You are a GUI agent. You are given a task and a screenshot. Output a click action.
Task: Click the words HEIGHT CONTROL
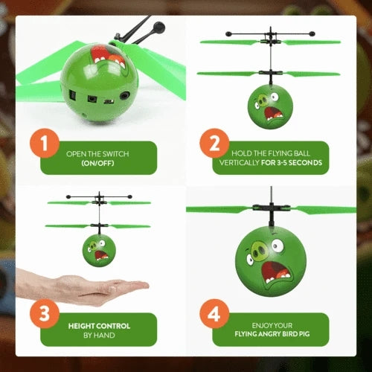[99, 325]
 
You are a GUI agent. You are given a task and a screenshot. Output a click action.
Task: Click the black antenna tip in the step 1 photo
[157, 28]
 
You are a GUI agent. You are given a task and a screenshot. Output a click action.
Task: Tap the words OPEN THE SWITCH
[97, 153]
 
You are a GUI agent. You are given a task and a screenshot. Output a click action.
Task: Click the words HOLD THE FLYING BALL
[269, 153]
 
